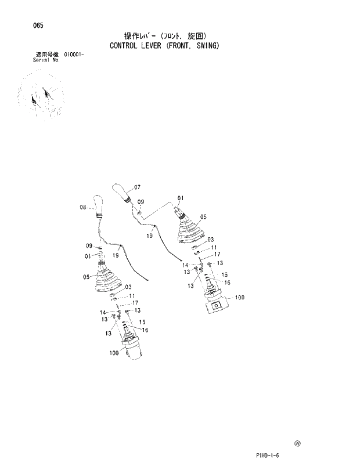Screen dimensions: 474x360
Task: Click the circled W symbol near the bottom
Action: pos(297,443)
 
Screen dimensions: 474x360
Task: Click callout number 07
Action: pos(137,187)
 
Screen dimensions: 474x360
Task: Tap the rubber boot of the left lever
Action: pos(106,283)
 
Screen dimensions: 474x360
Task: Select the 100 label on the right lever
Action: pos(239,298)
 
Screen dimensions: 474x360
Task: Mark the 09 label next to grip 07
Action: pos(140,202)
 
